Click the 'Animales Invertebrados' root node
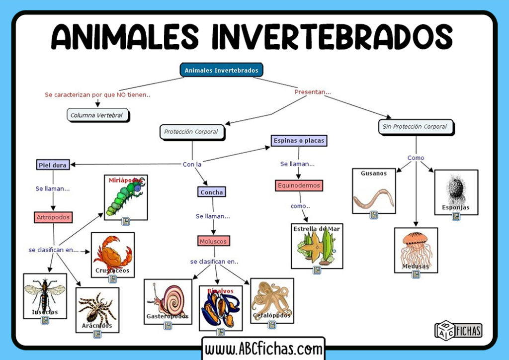tap(221, 70)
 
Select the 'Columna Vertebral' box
tap(97, 115)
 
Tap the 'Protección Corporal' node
tap(191, 132)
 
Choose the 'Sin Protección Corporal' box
tap(415, 127)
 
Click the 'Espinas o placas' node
tap(299, 141)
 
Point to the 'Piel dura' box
tap(53, 165)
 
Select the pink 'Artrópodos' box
tap(53, 217)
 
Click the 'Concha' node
tap(211, 191)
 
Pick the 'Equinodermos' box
tap(299, 185)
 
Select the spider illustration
tap(97, 308)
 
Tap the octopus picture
tap(271, 299)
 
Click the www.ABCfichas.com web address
tap(263, 349)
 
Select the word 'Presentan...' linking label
tap(312, 92)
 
